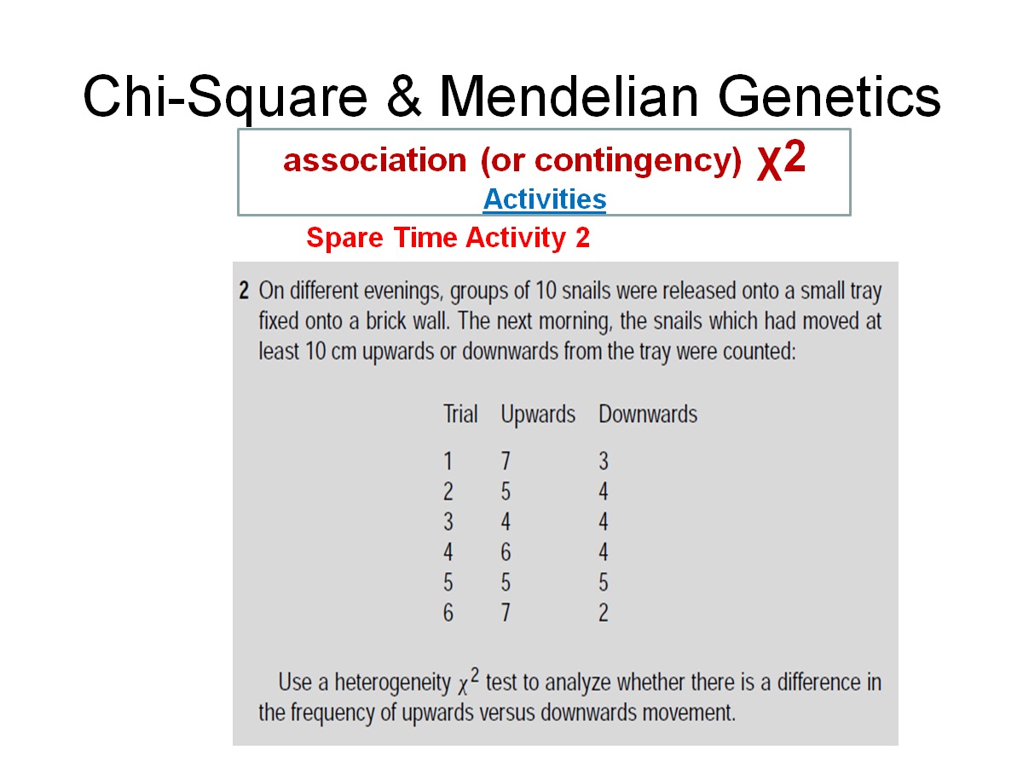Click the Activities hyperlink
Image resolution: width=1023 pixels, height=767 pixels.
544,199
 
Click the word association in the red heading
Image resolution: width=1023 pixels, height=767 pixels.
375,160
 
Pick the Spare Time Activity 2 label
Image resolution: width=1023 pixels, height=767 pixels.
448,239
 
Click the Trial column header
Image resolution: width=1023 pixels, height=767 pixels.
460,415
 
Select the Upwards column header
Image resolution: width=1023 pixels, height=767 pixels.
538,415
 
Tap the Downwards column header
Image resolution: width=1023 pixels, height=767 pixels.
648,415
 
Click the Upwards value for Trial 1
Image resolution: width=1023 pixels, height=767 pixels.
506,462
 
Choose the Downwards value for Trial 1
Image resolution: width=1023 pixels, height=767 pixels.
604,462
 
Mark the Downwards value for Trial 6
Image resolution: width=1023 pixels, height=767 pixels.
604,613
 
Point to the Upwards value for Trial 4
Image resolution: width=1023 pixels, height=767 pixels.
506,553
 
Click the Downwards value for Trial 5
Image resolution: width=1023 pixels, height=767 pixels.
604,583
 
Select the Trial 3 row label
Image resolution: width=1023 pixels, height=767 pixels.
448,522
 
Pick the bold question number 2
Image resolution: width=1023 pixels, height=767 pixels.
244,291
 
